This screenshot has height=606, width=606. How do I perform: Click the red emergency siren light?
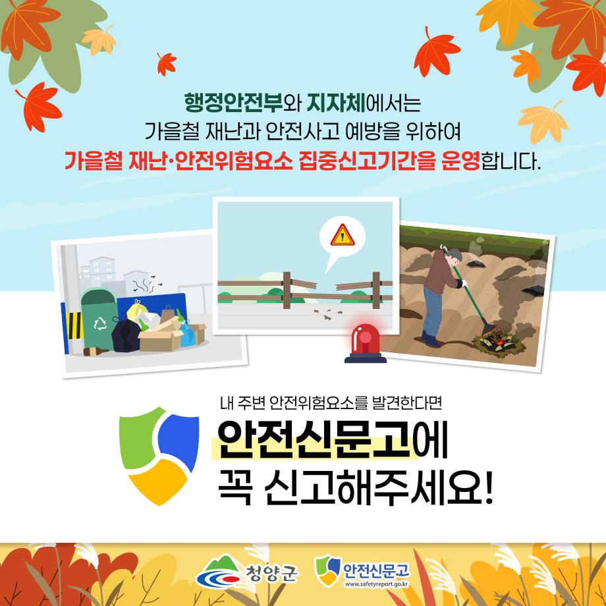pos(365,343)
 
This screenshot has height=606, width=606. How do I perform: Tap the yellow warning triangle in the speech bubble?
pos(343,236)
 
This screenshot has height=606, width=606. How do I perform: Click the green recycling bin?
pos(99,319)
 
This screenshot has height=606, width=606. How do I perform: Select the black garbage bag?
pos(126,334)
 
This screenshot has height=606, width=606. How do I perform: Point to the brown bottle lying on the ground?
pos(96,352)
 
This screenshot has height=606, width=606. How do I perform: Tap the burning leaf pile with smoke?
pos(497,341)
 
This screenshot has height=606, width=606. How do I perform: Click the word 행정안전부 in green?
pos(233,103)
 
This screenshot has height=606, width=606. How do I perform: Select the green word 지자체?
pos(336,103)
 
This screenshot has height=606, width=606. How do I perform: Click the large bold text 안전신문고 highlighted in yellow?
pos(314,439)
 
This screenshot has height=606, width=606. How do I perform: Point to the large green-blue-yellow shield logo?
pos(159,456)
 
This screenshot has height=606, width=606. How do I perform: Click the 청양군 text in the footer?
pos(271,573)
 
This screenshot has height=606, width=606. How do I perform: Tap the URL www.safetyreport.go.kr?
pos(376,584)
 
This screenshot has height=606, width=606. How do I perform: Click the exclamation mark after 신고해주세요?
pos(489,487)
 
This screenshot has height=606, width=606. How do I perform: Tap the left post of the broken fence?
pos(287,290)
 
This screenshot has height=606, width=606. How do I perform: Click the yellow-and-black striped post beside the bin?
pos(74,325)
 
